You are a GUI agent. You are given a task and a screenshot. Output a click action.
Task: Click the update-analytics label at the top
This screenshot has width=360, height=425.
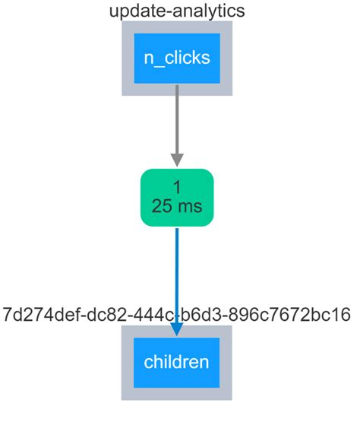coord(177,11)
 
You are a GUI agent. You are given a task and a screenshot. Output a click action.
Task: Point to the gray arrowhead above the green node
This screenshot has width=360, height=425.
coord(177,160)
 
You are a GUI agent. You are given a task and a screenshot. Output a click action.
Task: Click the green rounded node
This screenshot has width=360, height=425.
coord(177,198)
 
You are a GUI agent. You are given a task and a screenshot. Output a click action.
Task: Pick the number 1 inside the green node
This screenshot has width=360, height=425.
coord(177,187)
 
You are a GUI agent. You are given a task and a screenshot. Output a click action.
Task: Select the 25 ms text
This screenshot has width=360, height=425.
coord(177,207)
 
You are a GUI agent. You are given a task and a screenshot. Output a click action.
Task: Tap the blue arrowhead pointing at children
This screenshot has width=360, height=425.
coord(177,328)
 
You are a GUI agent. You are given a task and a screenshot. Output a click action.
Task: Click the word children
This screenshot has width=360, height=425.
coord(177,362)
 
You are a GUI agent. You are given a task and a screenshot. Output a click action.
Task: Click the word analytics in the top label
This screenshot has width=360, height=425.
coord(207,11)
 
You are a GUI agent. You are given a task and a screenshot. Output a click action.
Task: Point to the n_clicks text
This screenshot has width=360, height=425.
coord(177,58)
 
